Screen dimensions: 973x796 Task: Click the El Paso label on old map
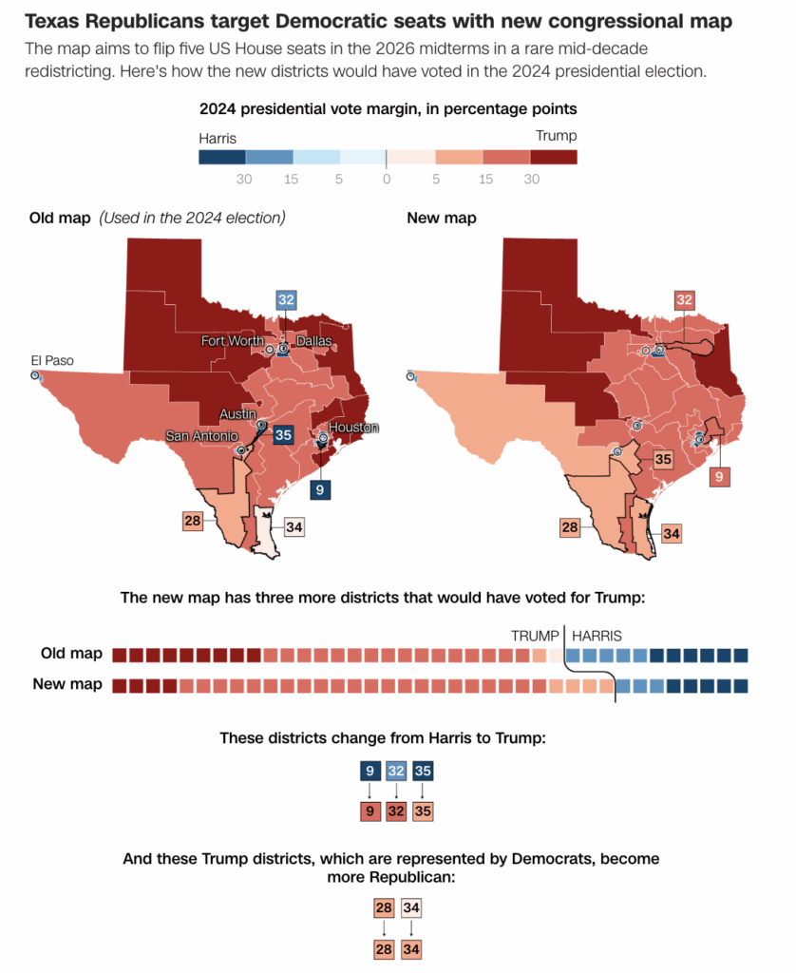click(x=52, y=360)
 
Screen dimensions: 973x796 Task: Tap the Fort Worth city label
click(x=231, y=340)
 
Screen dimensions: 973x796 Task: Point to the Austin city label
click(x=237, y=413)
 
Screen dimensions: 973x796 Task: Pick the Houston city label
click(x=353, y=428)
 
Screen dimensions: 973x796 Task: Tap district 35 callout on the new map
click(x=662, y=460)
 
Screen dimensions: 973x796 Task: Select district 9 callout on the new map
click(x=719, y=475)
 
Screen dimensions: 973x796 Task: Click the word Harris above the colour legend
click(x=218, y=139)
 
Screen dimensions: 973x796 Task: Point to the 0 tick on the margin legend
click(x=387, y=179)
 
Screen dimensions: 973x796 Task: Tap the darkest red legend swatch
click(x=553, y=157)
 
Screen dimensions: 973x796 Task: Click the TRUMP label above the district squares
click(x=535, y=636)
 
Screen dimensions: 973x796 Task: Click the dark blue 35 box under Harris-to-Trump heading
click(x=424, y=771)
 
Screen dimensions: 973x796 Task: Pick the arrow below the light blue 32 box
click(x=396, y=791)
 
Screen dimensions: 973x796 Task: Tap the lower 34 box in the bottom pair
click(x=410, y=949)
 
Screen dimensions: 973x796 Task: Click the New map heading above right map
click(x=442, y=218)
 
